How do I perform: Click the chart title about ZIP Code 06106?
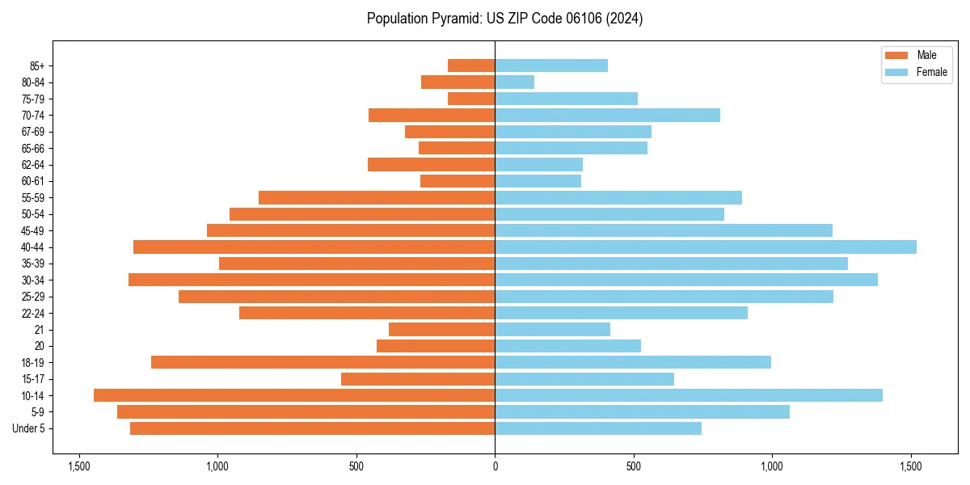[x=504, y=19]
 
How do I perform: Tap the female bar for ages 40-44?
[x=705, y=247]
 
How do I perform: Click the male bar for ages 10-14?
[x=294, y=395]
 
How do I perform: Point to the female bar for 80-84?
[x=514, y=82]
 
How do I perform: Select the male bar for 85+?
[x=471, y=65]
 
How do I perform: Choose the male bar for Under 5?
[x=312, y=428]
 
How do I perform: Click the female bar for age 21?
[x=552, y=329]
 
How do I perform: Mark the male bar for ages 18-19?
[x=323, y=362]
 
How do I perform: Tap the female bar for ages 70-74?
[x=607, y=115]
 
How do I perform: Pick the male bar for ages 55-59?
[x=377, y=197]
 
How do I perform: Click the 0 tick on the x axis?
[x=495, y=466]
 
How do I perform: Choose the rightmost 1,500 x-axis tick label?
[x=911, y=466]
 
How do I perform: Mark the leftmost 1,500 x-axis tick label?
[x=79, y=466]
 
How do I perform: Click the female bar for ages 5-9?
[x=642, y=411]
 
